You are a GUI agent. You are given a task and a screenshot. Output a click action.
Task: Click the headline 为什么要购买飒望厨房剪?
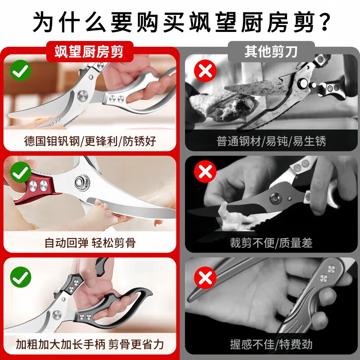(x=180, y=21)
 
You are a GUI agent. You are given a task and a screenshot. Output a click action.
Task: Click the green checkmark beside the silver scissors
(x=21, y=72)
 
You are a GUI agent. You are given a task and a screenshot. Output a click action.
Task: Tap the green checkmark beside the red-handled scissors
(x=21, y=173)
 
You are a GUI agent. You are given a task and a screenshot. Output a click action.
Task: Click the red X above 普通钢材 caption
(x=204, y=72)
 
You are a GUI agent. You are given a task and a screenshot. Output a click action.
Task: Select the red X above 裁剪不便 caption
(x=204, y=173)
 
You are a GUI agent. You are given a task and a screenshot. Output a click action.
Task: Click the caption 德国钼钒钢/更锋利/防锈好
(x=90, y=141)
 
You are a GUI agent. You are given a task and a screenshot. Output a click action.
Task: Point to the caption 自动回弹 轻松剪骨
(x=90, y=243)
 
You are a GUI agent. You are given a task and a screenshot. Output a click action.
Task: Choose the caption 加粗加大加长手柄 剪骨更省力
(x=90, y=345)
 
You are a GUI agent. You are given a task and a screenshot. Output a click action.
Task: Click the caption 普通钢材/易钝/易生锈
(x=271, y=141)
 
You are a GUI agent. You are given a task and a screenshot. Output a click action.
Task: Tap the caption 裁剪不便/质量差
(x=271, y=243)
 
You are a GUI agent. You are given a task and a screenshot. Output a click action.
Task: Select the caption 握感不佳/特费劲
(x=271, y=345)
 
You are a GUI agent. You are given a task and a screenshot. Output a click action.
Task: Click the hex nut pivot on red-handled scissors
(x=83, y=182)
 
